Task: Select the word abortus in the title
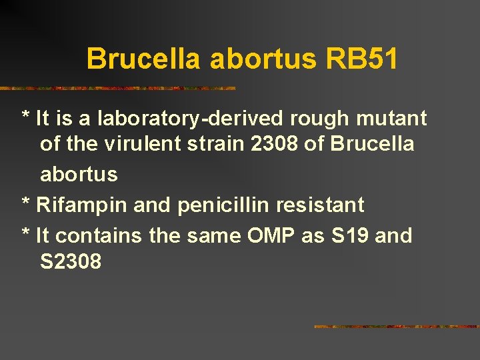coord(263,59)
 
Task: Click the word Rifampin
coord(82,205)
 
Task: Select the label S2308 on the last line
coord(71,261)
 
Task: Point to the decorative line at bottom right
coord(396,327)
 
